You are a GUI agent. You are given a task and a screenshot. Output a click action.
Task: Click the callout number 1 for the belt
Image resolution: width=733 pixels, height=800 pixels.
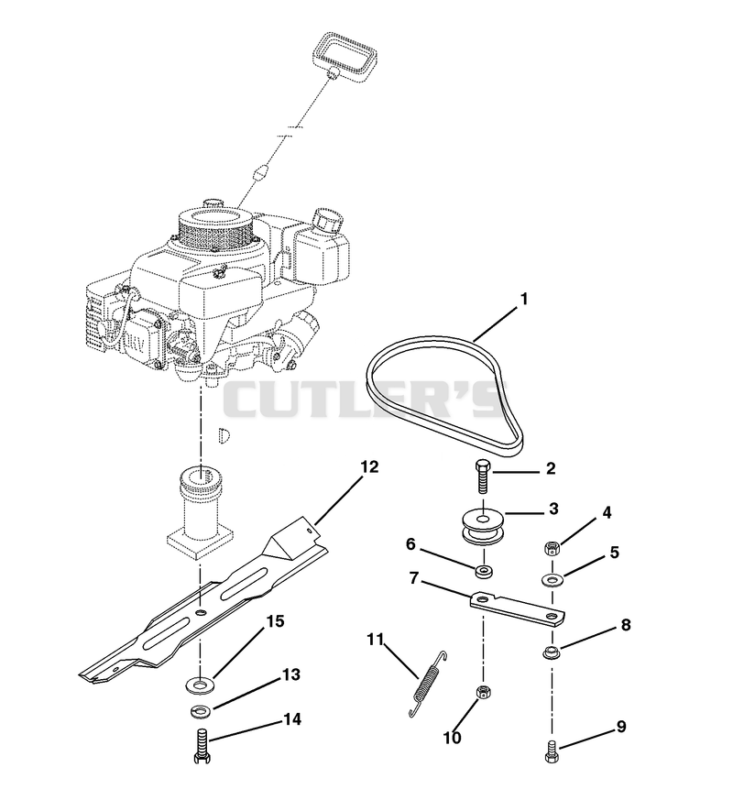pyautogui.click(x=523, y=299)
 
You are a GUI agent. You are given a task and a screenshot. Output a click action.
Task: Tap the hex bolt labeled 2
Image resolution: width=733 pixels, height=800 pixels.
pyautogui.click(x=483, y=476)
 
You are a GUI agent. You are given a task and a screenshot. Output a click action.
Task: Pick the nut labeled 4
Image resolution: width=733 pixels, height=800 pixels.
pyautogui.click(x=552, y=549)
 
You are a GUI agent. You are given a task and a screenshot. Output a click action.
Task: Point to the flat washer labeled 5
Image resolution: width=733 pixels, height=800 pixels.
pyautogui.click(x=552, y=580)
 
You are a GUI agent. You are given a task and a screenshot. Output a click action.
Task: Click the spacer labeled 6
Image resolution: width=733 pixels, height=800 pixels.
pyautogui.click(x=484, y=571)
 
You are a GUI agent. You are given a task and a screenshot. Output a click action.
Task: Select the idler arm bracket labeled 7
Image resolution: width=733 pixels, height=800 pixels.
pyautogui.click(x=517, y=608)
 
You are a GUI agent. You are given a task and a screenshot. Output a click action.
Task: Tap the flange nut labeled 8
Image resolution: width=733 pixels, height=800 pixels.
pyautogui.click(x=551, y=652)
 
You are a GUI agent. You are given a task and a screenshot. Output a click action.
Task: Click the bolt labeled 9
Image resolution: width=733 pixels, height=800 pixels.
pyautogui.click(x=552, y=750)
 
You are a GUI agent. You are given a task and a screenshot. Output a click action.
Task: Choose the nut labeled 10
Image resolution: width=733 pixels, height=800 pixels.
pyautogui.click(x=483, y=693)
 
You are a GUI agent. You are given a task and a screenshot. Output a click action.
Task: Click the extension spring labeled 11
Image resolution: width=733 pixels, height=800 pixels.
pyautogui.click(x=428, y=685)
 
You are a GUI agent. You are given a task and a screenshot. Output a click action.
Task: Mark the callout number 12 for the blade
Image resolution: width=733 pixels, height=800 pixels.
pyautogui.click(x=370, y=466)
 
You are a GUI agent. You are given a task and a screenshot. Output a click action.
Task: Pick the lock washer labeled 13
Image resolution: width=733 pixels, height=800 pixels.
pyautogui.click(x=201, y=709)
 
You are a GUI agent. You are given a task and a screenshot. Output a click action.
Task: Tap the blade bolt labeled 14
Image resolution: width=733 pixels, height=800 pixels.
pyautogui.click(x=202, y=745)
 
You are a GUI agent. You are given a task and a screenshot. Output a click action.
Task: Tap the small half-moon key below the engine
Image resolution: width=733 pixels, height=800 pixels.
pyautogui.click(x=224, y=434)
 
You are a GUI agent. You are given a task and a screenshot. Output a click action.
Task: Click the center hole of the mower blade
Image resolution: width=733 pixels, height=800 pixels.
pyautogui.click(x=201, y=612)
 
